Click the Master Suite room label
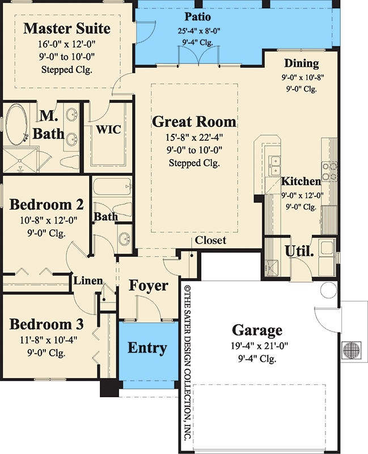pyautogui.click(x=67, y=28)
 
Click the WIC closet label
pyautogui.click(x=108, y=129)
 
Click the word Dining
pyautogui.click(x=302, y=64)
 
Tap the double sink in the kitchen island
pyautogui.click(x=275, y=165)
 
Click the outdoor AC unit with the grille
pyautogui.click(x=352, y=348)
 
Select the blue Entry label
pyautogui.click(x=146, y=348)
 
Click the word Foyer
pyautogui.click(x=149, y=285)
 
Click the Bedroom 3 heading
pyautogui.click(x=47, y=325)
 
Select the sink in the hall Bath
pyautogui.click(x=124, y=239)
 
